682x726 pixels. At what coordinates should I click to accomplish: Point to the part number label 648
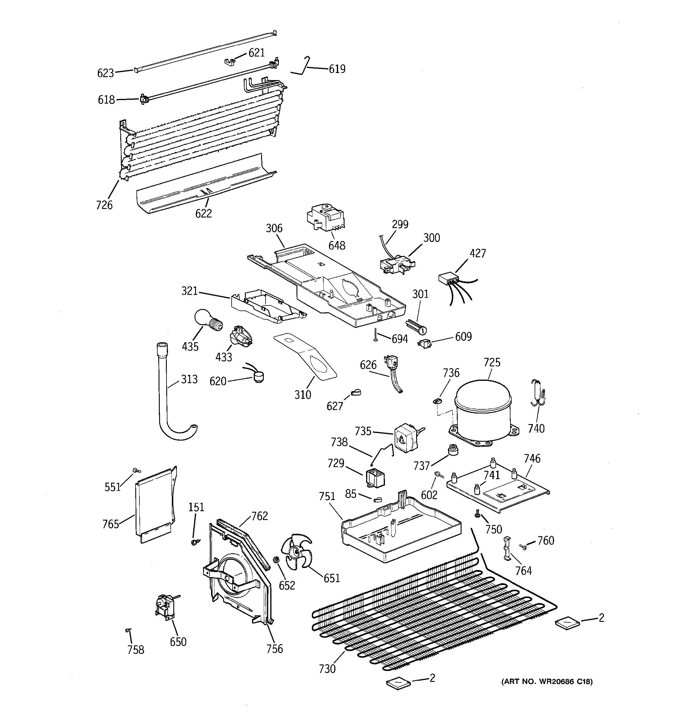click(336, 245)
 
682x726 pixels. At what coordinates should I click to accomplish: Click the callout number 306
click(274, 228)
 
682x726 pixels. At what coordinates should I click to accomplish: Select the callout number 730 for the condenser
click(327, 669)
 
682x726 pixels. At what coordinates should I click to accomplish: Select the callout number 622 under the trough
click(203, 213)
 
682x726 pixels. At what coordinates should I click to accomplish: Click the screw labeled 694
click(375, 335)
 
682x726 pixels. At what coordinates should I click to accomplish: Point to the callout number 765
click(111, 524)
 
